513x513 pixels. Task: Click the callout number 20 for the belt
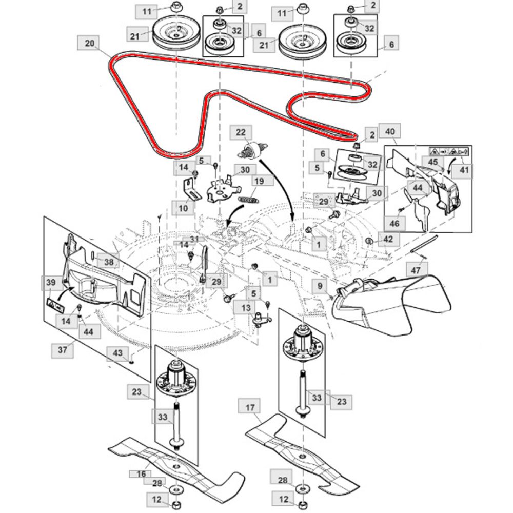[89, 44]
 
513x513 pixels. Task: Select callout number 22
[241, 132]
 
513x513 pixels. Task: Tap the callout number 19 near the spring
[259, 181]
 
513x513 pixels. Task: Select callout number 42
[387, 239]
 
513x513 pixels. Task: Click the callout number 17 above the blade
[250, 408]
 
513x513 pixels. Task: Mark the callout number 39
[50, 283]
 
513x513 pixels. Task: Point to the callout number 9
[319, 285]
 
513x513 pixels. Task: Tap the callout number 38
[109, 261]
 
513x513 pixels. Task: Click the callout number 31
[194, 240]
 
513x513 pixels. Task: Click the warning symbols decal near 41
[445, 152]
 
